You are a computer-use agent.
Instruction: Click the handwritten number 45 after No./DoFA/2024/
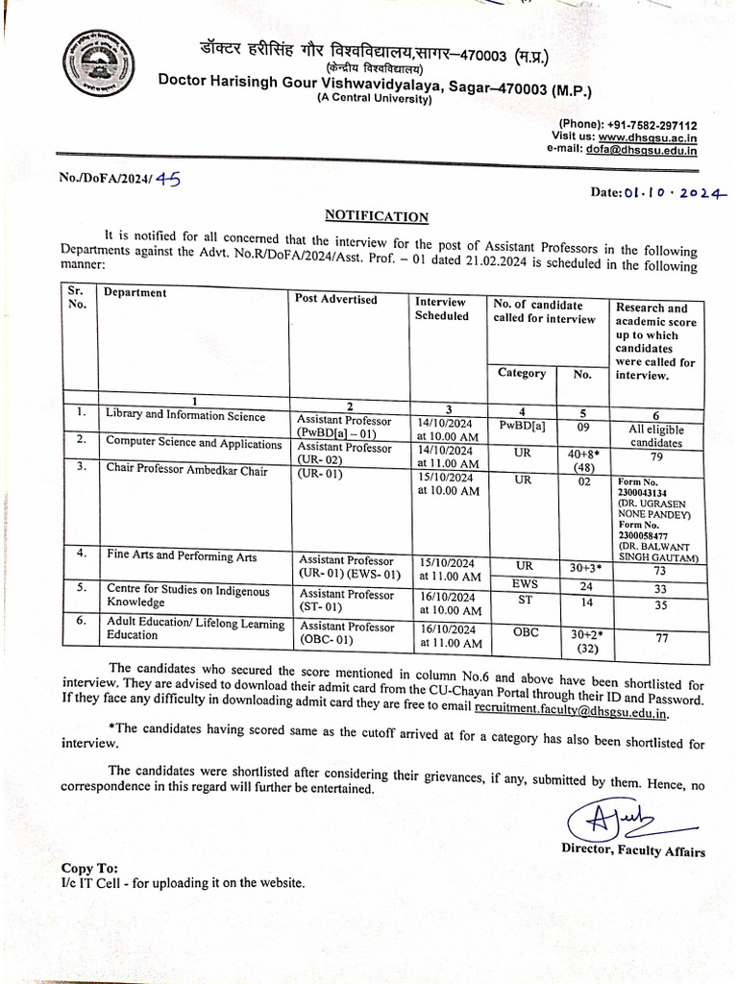coord(168,178)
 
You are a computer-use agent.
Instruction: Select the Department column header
coord(135,293)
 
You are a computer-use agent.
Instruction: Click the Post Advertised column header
coord(336,300)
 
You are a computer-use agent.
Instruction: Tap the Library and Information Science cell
coord(184,415)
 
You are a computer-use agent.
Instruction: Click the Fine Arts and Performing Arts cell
coord(182,554)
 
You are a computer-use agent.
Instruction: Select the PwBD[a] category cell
coord(523,424)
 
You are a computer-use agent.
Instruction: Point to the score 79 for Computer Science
coord(657,457)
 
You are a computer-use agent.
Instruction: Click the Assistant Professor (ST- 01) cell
coord(346,601)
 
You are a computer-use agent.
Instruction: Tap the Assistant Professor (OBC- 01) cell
coord(346,633)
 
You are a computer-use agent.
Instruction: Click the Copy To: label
coord(90,867)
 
